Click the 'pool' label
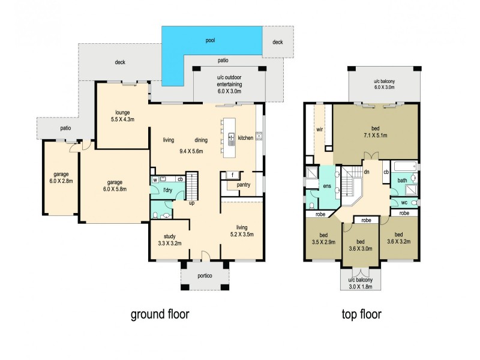click(210, 41)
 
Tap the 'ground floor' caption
click(160, 314)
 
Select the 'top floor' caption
click(361, 314)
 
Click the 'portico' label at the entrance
click(205, 277)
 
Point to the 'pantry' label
click(244, 185)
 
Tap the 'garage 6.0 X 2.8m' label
click(59, 179)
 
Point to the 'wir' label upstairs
click(319, 129)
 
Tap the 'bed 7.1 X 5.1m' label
click(375, 132)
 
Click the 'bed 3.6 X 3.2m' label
click(398, 238)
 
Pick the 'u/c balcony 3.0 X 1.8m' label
click(361, 283)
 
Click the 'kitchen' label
click(246, 138)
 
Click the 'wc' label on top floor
click(397, 203)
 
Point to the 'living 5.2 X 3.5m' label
click(242, 231)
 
